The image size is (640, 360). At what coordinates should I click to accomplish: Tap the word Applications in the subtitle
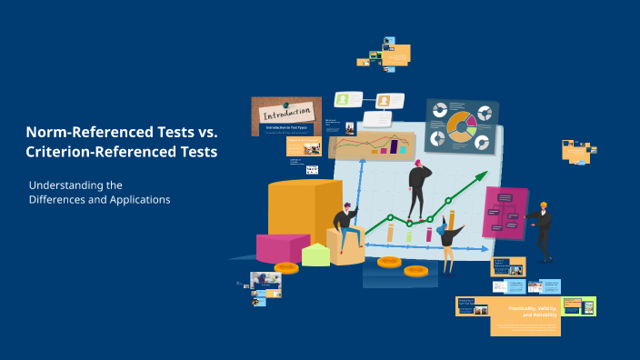136,199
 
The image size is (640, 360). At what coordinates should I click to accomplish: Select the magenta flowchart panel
505,211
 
